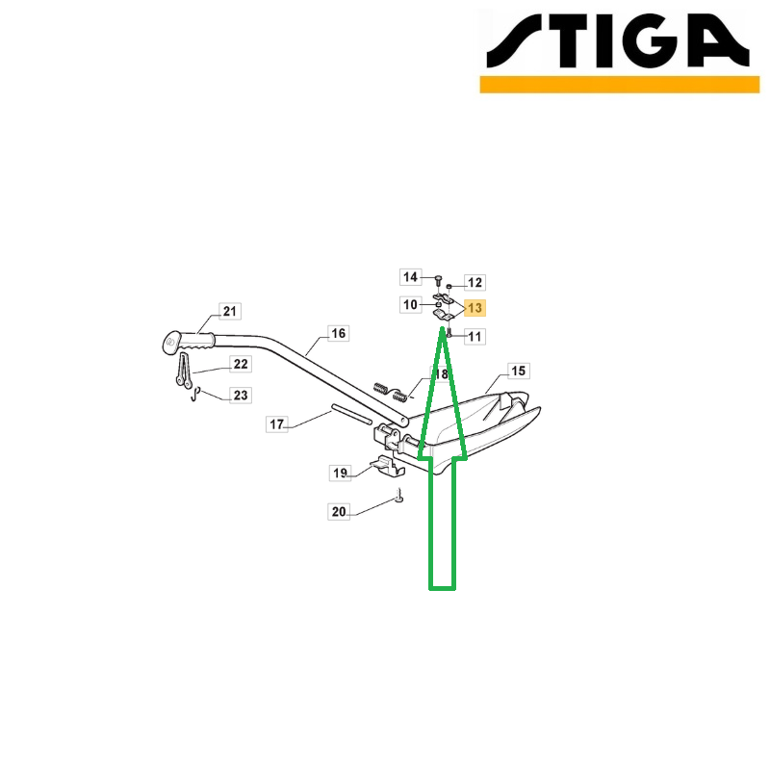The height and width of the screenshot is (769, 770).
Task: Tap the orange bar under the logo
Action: [620, 84]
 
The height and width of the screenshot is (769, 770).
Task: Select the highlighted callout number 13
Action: [475, 308]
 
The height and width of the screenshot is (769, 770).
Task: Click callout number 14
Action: [411, 277]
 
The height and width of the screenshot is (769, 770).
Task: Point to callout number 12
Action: [475, 282]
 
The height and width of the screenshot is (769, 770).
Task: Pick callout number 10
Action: [411, 305]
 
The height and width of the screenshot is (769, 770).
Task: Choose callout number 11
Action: [475, 336]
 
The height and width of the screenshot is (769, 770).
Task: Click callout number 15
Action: [519, 371]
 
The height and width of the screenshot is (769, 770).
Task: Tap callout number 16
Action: [339, 333]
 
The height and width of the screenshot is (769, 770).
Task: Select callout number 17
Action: [276, 423]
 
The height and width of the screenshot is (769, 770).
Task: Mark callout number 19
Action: [340, 473]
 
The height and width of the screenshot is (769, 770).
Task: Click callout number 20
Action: [339, 512]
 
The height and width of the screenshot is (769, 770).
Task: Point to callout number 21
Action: [230, 311]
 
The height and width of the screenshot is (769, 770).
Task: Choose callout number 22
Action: [241, 364]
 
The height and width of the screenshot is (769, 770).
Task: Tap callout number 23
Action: [241, 396]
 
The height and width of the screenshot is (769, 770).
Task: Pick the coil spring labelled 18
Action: [391, 392]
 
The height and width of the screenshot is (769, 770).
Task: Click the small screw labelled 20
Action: [399, 496]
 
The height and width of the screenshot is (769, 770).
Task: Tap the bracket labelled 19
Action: [388, 466]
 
